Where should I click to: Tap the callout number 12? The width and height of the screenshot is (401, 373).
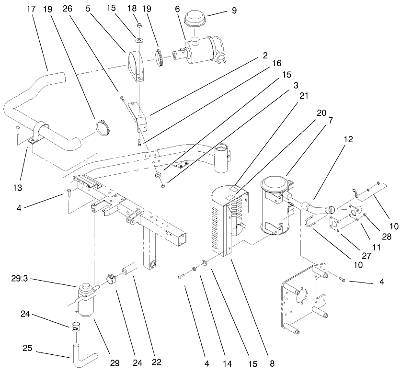[348, 139]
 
